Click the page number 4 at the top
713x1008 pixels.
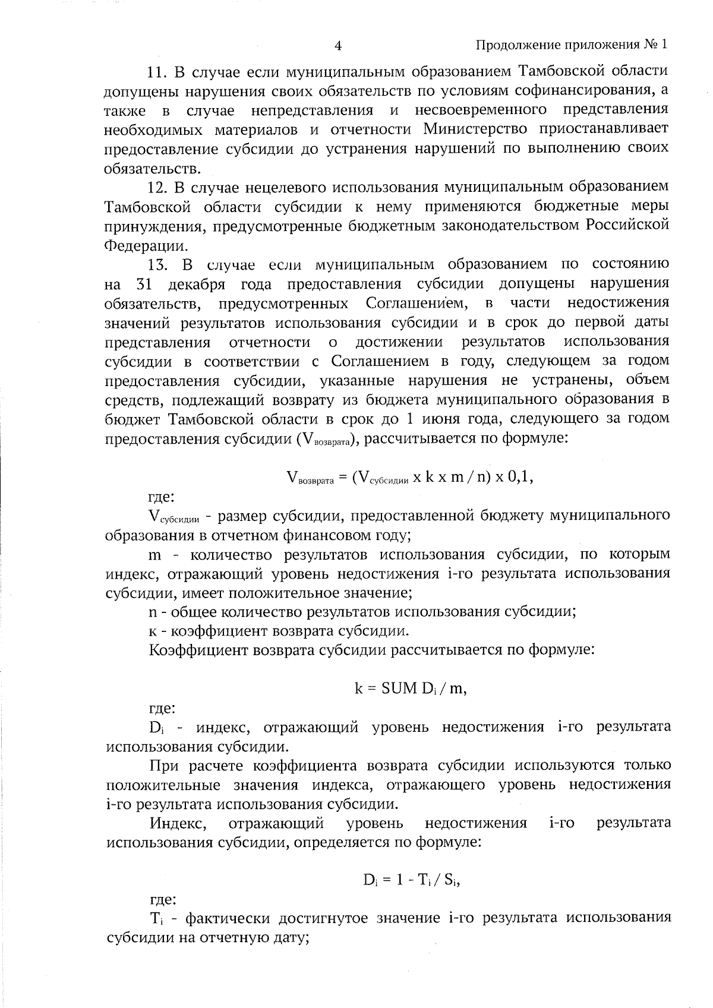coord(338,46)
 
